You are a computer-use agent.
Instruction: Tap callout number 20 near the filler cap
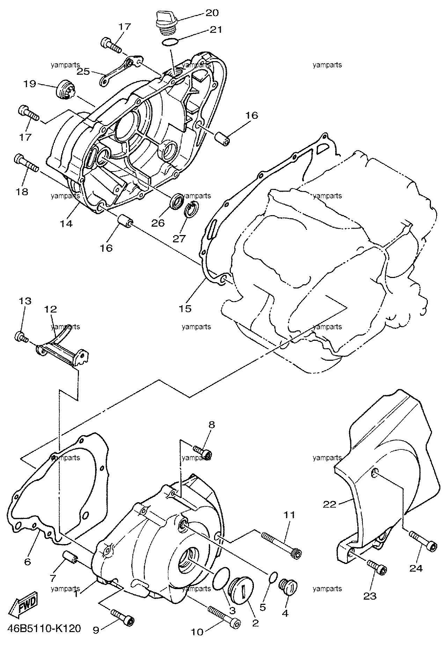(x=212, y=13)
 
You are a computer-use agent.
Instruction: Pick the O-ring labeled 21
(x=171, y=42)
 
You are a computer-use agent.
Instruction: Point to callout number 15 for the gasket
(x=185, y=308)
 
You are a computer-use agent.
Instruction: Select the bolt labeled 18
(x=26, y=163)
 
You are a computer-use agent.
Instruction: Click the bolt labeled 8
(x=203, y=452)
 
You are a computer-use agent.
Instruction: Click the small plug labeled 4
(x=288, y=585)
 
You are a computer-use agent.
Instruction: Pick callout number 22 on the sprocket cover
(x=329, y=504)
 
